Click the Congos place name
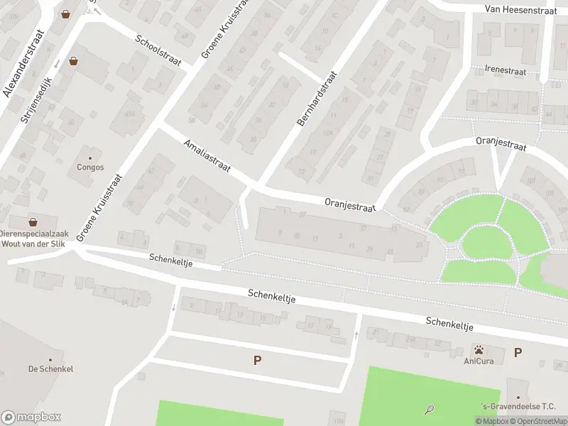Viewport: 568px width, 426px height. tap(90, 168)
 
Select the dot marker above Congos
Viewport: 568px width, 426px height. tap(90, 158)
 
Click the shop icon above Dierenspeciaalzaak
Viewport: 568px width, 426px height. tap(33, 222)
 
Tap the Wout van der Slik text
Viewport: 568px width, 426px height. tap(33, 243)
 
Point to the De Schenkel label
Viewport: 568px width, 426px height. tap(50, 368)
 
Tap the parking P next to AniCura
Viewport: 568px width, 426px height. tap(518, 352)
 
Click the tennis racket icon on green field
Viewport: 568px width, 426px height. tap(429, 409)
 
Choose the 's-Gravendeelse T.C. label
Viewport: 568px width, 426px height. tap(518, 406)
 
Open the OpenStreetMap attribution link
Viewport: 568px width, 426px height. tap(537, 421)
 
